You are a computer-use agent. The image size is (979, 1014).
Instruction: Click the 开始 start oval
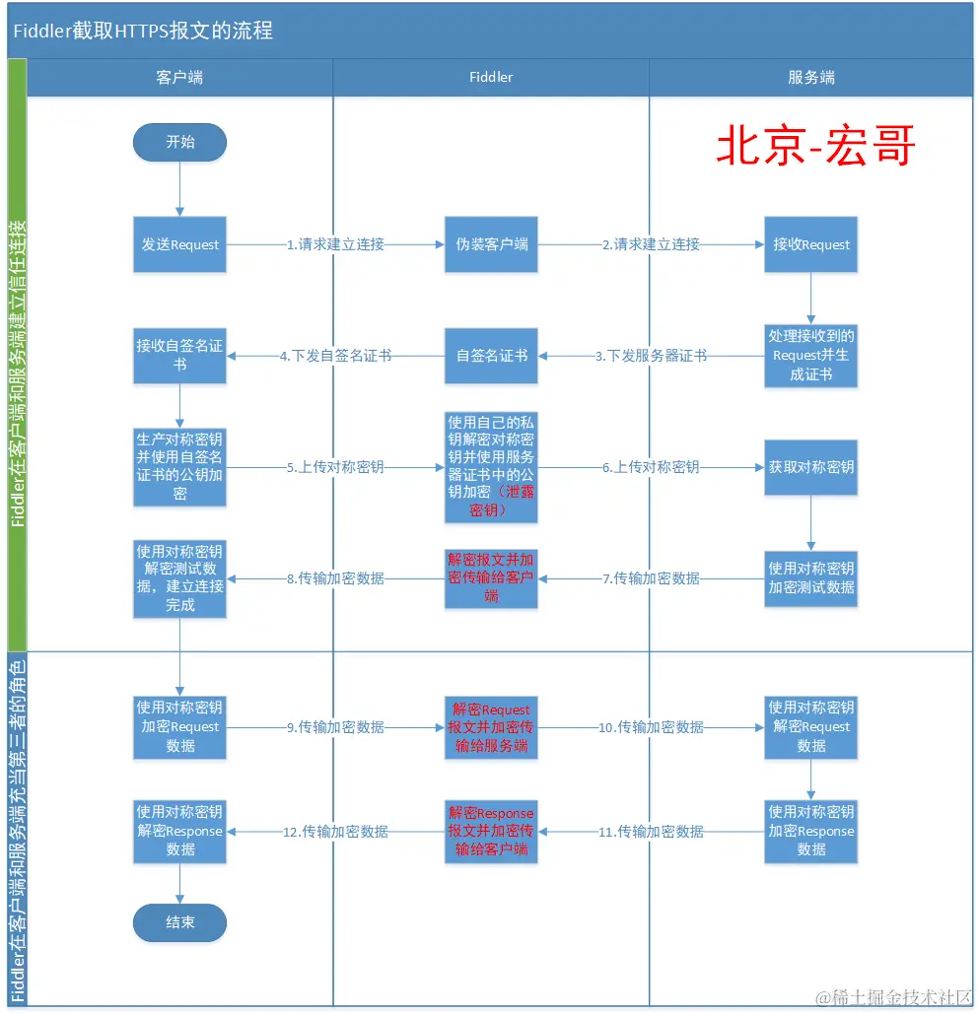click(180, 142)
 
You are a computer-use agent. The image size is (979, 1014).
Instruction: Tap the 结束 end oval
click(180, 922)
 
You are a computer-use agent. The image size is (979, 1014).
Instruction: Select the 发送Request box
click(180, 244)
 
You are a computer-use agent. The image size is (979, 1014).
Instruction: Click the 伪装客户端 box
click(491, 244)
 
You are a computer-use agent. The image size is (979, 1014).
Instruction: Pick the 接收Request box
click(810, 244)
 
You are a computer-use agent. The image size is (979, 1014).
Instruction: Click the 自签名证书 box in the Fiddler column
click(491, 356)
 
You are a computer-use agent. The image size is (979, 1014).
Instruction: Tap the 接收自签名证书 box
click(180, 356)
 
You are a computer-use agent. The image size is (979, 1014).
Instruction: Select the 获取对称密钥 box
click(810, 467)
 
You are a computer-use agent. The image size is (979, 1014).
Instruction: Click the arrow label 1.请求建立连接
click(335, 244)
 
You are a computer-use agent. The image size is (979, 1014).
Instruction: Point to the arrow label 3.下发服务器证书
click(651, 356)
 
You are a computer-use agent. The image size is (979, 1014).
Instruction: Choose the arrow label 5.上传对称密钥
click(335, 467)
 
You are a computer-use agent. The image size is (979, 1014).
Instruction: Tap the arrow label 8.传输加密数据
click(335, 578)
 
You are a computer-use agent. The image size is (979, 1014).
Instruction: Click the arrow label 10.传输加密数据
click(651, 727)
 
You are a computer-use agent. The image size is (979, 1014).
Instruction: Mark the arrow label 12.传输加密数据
click(335, 832)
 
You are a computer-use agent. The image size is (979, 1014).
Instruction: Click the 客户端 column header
click(180, 77)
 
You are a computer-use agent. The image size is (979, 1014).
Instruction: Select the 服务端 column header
click(810, 77)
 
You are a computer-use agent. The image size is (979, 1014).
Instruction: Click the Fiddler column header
click(491, 77)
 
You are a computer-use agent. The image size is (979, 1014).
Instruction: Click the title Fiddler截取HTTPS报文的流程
click(143, 31)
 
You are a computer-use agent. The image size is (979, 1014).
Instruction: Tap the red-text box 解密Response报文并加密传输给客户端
click(491, 832)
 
